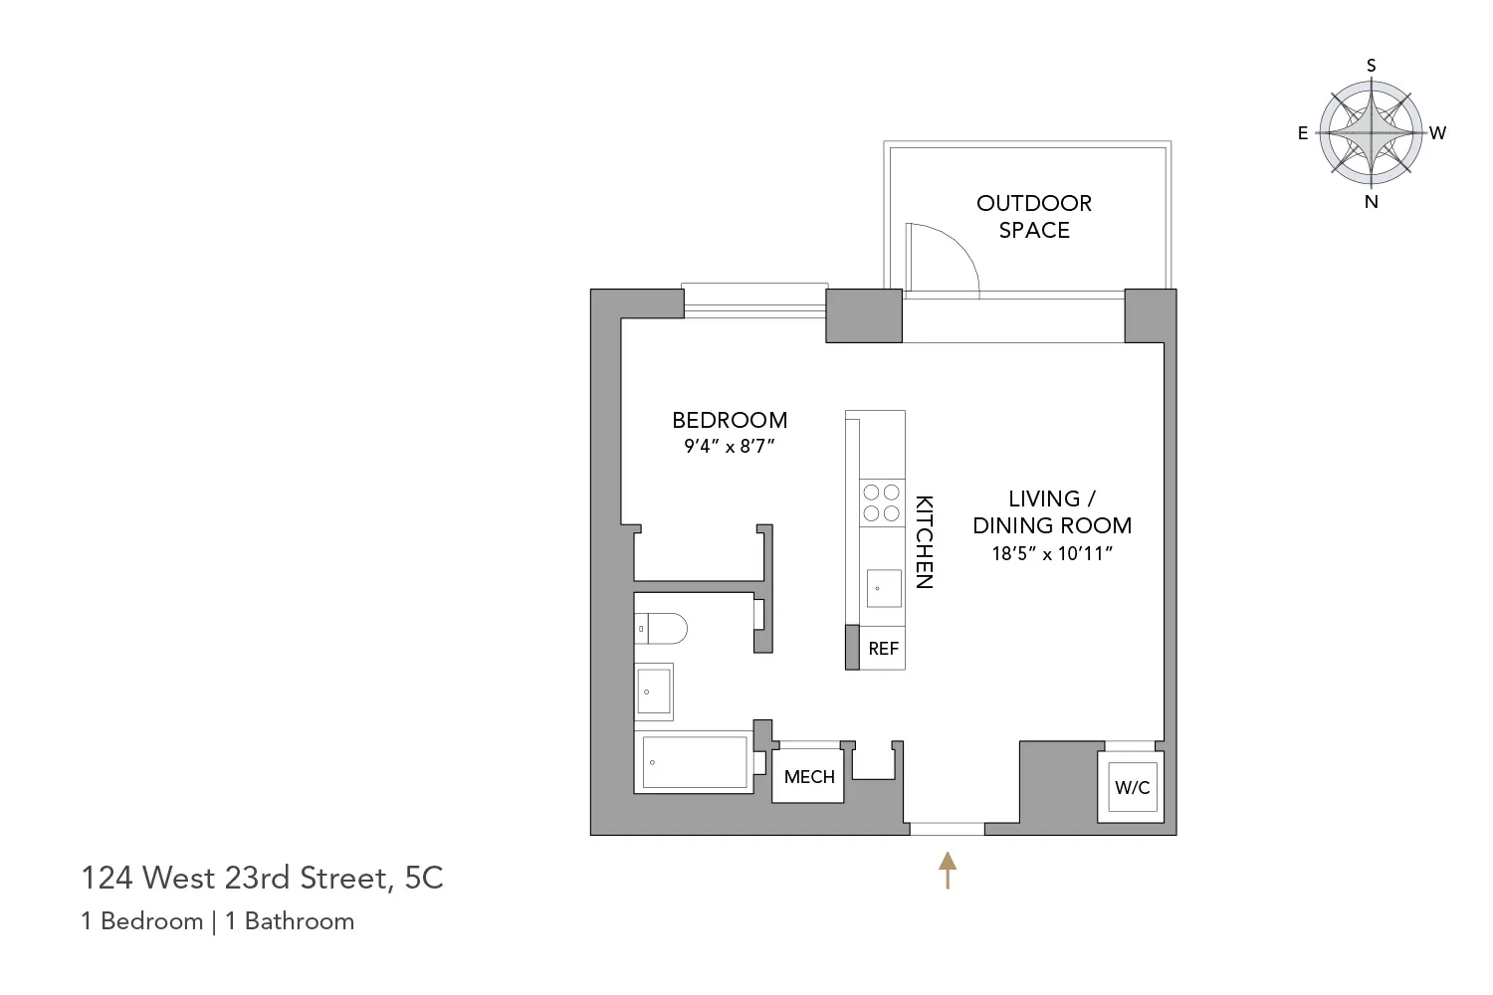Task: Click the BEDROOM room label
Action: (730, 420)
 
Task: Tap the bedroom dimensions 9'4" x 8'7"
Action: (730, 447)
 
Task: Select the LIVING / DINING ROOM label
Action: (1052, 511)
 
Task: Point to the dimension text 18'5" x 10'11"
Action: (1052, 554)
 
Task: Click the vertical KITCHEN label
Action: (925, 542)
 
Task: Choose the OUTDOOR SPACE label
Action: (1034, 216)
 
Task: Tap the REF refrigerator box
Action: (883, 649)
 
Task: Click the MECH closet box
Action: (809, 777)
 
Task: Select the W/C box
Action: (1132, 788)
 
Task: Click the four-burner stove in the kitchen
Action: (881, 502)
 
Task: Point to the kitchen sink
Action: (883, 588)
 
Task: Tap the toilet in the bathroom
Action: (662, 629)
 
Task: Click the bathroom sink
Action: (654, 692)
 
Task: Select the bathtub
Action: (695, 762)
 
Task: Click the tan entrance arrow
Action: (948, 870)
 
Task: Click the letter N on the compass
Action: (1372, 202)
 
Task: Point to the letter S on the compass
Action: (1372, 66)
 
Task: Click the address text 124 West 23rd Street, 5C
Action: (262, 878)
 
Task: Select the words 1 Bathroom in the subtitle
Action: (290, 921)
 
